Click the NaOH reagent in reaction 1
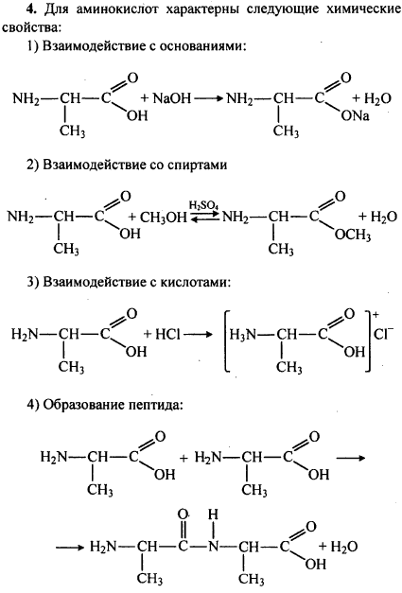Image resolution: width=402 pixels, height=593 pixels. [x=172, y=98]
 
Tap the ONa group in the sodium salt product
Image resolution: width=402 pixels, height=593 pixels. [x=355, y=115]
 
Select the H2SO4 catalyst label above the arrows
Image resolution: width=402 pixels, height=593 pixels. [x=203, y=205]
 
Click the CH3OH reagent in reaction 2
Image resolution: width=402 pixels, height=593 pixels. [x=164, y=218]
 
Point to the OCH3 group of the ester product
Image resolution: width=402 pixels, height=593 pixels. [x=353, y=235]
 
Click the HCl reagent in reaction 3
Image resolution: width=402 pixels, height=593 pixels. [x=167, y=334]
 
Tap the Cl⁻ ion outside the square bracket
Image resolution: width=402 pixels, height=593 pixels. [x=383, y=333]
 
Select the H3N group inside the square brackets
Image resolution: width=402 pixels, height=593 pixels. [x=242, y=335]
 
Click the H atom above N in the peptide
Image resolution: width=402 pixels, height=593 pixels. [x=213, y=515]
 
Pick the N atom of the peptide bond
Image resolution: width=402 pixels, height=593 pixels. [x=214, y=547]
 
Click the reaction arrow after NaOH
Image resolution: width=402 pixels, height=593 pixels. [x=208, y=99]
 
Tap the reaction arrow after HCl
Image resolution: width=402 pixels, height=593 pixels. [x=199, y=335]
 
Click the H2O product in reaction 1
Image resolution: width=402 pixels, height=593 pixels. [x=372, y=99]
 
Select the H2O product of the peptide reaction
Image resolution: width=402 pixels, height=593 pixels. [x=339, y=547]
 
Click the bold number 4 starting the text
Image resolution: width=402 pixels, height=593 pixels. [x=31, y=9]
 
